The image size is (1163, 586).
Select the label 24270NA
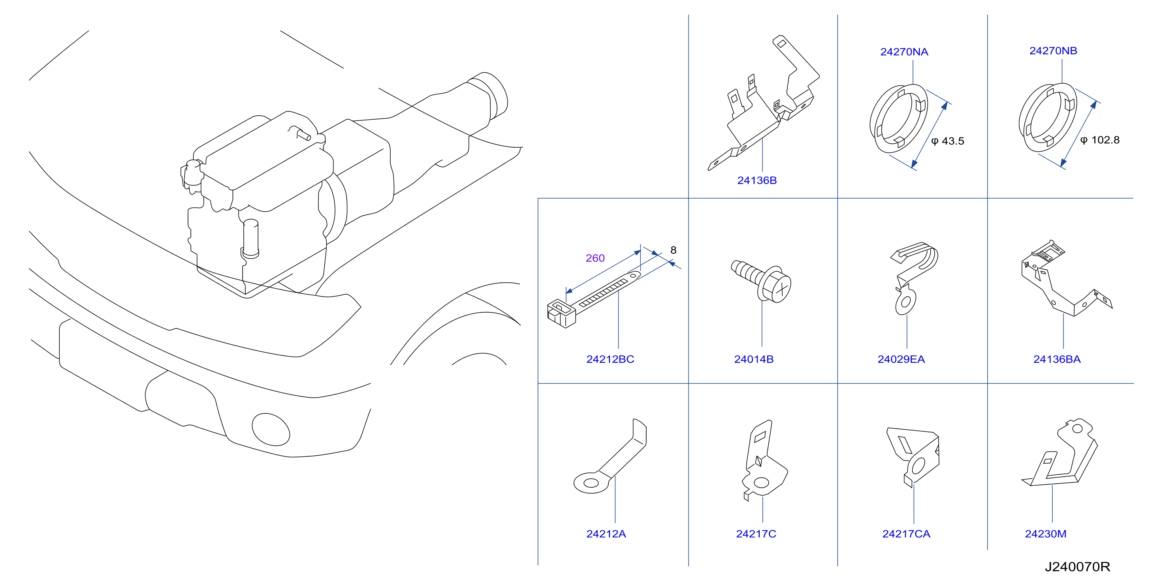click(904, 52)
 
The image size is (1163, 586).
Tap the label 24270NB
click(1053, 51)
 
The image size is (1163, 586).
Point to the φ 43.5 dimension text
click(947, 141)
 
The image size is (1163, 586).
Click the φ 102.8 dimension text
click(1099, 140)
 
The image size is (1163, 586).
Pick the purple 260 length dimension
click(595, 258)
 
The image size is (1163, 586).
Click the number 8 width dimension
click(673, 250)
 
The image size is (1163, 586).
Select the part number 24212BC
click(610, 359)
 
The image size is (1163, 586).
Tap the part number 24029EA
click(901, 359)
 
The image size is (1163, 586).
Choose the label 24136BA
click(1056, 359)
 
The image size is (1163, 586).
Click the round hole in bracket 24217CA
click(919, 466)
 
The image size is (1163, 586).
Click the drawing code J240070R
click(1077, 567)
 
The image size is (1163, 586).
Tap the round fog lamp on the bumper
click(271, 429)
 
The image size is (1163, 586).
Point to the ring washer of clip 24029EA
click(906, 302)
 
